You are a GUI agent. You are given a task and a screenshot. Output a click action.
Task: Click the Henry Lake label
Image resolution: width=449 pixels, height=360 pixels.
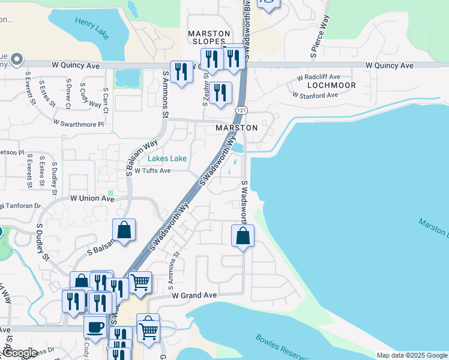coord(92,28)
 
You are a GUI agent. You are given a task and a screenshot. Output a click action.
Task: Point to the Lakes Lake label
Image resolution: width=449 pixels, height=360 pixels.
coord(167,158)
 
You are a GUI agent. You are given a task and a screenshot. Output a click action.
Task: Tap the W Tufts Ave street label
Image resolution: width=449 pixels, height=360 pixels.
coord(152,170)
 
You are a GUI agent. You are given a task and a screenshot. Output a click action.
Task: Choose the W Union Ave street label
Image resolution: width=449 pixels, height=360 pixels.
coord(92,198)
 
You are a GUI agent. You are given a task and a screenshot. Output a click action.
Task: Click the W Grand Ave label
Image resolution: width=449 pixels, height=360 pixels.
coord(193,296)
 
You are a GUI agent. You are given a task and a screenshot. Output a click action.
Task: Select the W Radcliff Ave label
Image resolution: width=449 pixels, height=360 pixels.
coord(319,77)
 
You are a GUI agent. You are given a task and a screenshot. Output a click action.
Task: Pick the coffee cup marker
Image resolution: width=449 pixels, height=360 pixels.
coord(95,327)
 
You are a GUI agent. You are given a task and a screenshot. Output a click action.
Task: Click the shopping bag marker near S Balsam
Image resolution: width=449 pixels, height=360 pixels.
coord(124,230)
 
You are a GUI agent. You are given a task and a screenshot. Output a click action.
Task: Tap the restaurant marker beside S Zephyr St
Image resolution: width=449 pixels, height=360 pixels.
coord(221,93)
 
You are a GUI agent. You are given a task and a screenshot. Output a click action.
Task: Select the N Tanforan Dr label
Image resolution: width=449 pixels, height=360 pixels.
coord(20,206)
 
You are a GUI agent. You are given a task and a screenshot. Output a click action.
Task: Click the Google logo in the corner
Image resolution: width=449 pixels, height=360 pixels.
coord(19,353)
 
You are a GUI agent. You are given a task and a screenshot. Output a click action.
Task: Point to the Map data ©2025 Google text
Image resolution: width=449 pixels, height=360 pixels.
coord(412,355)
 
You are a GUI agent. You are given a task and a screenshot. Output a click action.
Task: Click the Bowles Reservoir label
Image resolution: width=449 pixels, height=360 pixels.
coord(283,347)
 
